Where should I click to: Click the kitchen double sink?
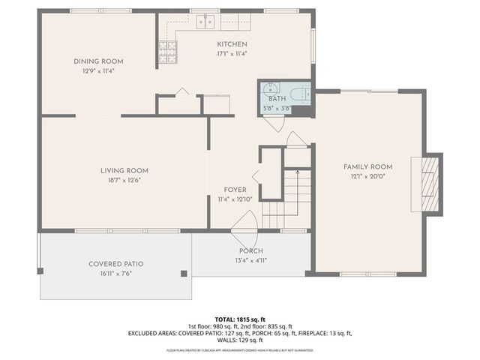click(x=207, y=22)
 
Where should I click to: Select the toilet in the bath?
click(x=300, y=94)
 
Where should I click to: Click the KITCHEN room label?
click(x=232, y=44)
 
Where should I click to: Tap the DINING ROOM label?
click(x=98, y=61)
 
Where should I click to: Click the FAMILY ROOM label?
click(x=368, y=166)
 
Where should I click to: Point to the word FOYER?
click(x=235, y=190)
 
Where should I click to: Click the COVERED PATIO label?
click(x=116, y=264)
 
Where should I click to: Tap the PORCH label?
click(x=251, y=250)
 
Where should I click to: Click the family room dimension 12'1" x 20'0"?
click(x=368, y=176)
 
